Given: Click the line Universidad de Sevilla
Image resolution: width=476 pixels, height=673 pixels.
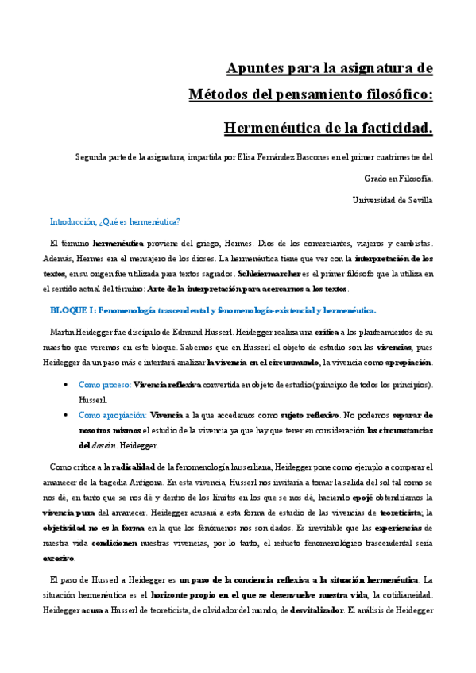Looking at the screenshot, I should click(x=393, y=200).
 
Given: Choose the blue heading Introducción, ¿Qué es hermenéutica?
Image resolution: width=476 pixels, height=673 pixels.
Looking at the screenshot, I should click(x=115, y=221).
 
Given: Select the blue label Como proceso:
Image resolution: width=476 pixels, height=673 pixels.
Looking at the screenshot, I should click(x=104, y=385).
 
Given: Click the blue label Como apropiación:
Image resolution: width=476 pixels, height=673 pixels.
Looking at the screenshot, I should click(x=113, y=415).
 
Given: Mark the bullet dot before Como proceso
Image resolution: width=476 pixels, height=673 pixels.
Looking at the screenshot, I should click(x=64, y=385).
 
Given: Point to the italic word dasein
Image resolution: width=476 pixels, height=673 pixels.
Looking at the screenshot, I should click(x=106, y=446).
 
